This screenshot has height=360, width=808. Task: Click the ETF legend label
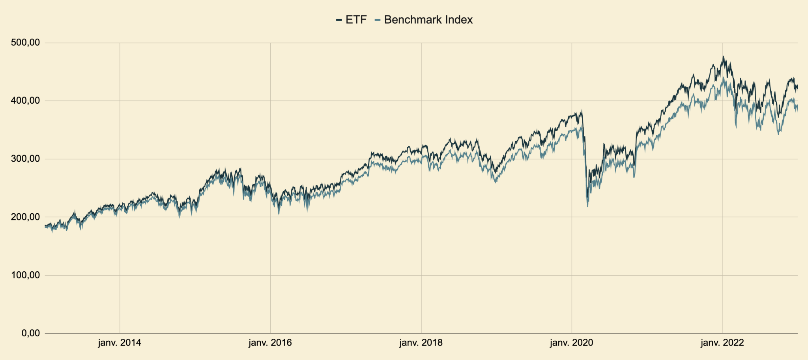point(356,20)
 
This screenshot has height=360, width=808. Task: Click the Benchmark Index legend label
point(428,20)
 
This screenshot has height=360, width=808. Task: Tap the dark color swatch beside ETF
point(339,20)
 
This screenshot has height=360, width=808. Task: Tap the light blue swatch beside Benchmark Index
point(378,20)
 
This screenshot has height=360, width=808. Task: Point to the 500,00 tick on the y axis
point(25,43)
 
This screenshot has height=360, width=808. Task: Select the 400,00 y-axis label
point(25,101)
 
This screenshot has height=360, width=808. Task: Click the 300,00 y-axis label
point(25,159)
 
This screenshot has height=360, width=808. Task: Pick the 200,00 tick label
point(25,217)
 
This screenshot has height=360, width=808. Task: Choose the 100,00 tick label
point(25,275)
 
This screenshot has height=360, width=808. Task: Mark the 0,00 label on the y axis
point(30,333)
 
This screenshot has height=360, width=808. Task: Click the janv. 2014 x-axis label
point(120,343)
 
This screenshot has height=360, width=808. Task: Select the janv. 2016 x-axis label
point(270,343)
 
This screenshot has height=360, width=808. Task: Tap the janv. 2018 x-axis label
point(421,343)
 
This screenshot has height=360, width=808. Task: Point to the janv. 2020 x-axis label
point(571,343)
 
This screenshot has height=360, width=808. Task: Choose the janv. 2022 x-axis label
point(722,343)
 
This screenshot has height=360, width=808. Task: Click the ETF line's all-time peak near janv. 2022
point(723,56)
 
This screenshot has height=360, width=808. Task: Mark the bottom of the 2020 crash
point(587,206)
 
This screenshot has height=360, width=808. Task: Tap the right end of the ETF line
point(797,86)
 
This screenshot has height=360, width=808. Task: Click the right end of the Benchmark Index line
point(797,106)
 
